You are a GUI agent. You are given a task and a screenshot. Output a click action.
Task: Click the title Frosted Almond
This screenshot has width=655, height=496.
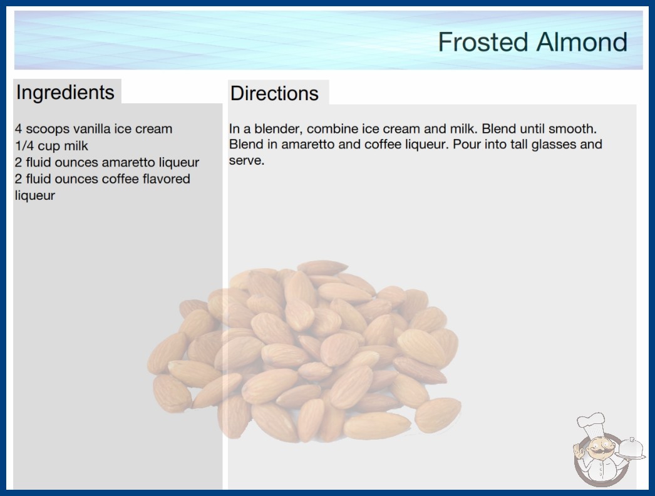533,42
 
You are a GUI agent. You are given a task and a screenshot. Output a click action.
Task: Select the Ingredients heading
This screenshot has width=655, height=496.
65,92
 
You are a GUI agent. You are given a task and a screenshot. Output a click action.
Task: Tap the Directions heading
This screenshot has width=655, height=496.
274,93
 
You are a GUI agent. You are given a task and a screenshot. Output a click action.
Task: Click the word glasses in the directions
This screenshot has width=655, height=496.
559,145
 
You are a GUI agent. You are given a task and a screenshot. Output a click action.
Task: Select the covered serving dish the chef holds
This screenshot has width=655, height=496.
631,449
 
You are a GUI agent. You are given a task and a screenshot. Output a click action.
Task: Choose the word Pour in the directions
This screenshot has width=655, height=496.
467,145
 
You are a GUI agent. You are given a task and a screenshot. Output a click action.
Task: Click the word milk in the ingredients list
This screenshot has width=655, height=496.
76,146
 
